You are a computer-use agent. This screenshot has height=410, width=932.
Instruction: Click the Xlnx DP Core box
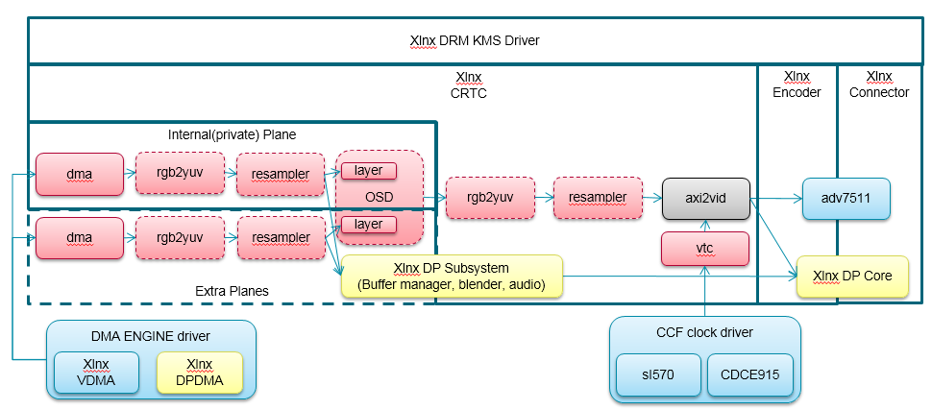(851, 276)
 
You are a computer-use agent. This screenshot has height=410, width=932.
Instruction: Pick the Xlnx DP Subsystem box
(451, 276)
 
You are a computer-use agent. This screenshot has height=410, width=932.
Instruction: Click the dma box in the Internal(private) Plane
(80, 173)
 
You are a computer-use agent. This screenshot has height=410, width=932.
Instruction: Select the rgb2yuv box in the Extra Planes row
(180, 237)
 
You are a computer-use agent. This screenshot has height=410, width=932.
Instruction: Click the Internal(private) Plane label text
(231, 134)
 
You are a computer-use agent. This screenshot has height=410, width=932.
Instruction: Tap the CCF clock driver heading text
(703, 332)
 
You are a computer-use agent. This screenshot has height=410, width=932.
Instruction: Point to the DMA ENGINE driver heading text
(150, 335)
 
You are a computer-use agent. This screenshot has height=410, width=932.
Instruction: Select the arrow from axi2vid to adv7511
(775, 199)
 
